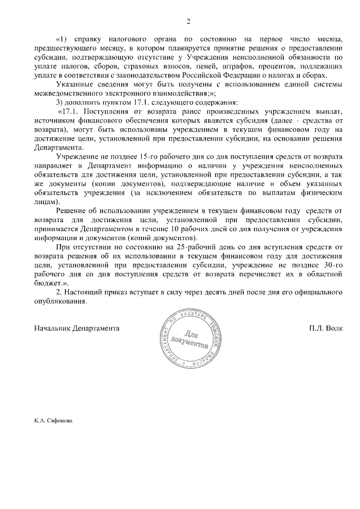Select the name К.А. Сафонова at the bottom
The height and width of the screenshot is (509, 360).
[53, 420]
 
